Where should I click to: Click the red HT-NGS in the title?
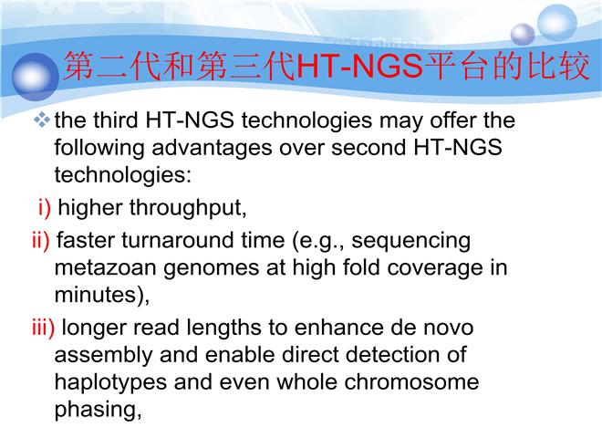click(359, 66)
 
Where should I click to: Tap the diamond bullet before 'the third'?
click(42, 120)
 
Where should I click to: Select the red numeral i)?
click(45, 208)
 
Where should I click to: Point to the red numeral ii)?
click(41, 241)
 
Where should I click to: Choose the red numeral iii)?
click(44, 328)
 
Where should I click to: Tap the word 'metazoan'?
click(105, 268)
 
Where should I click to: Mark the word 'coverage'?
click(434, 268)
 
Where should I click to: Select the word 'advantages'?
click(212, 149)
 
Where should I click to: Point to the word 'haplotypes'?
click(110, 383)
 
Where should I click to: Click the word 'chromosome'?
click(411, 382)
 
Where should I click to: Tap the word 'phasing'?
click(95, 410)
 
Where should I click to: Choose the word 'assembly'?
click(103, 356)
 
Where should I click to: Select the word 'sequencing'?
click(410, 242)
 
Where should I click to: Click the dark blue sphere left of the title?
click(36, 77)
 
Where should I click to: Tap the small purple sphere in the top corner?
click(523, 34)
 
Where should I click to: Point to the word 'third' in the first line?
click(116, 120)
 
